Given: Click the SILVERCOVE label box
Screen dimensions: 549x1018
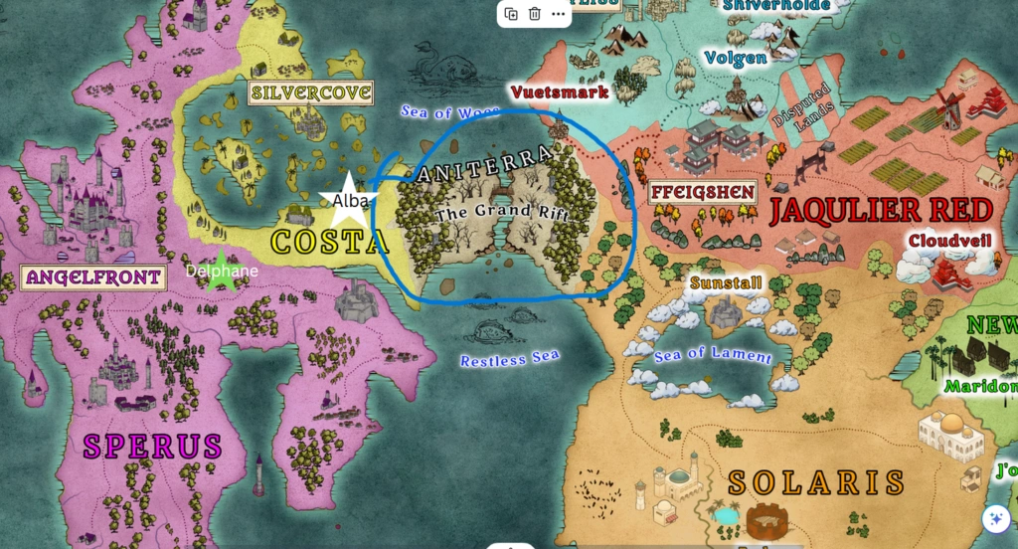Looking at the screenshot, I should click(x=311, y=93).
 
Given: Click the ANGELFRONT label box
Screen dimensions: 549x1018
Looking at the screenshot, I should click(x=92, y=277).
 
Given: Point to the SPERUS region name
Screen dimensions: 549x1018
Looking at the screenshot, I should click(x=152, y=446).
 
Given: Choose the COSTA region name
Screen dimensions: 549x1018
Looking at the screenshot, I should click(x=327, y=242).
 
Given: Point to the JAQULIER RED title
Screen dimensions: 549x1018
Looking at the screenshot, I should click(x=881, y=210).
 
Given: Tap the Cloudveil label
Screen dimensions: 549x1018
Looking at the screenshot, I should click(x=949, y=240).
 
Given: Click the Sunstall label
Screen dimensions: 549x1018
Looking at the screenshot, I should click(x=726, y=283).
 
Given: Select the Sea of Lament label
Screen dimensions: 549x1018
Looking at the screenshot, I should click(x=712, y=355).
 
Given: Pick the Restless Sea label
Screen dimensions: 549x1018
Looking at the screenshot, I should click(x=509, y=357).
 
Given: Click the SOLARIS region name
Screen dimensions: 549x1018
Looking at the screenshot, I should click(x=816, y=482).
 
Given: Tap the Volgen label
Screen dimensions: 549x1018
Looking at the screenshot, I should click(x=736, y=58).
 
